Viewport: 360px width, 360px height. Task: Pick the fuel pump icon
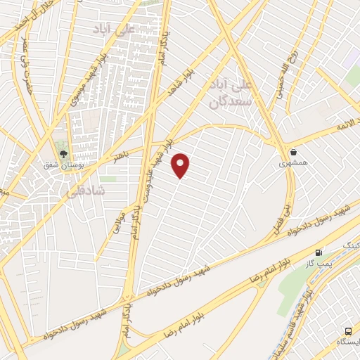click(320, 252)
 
